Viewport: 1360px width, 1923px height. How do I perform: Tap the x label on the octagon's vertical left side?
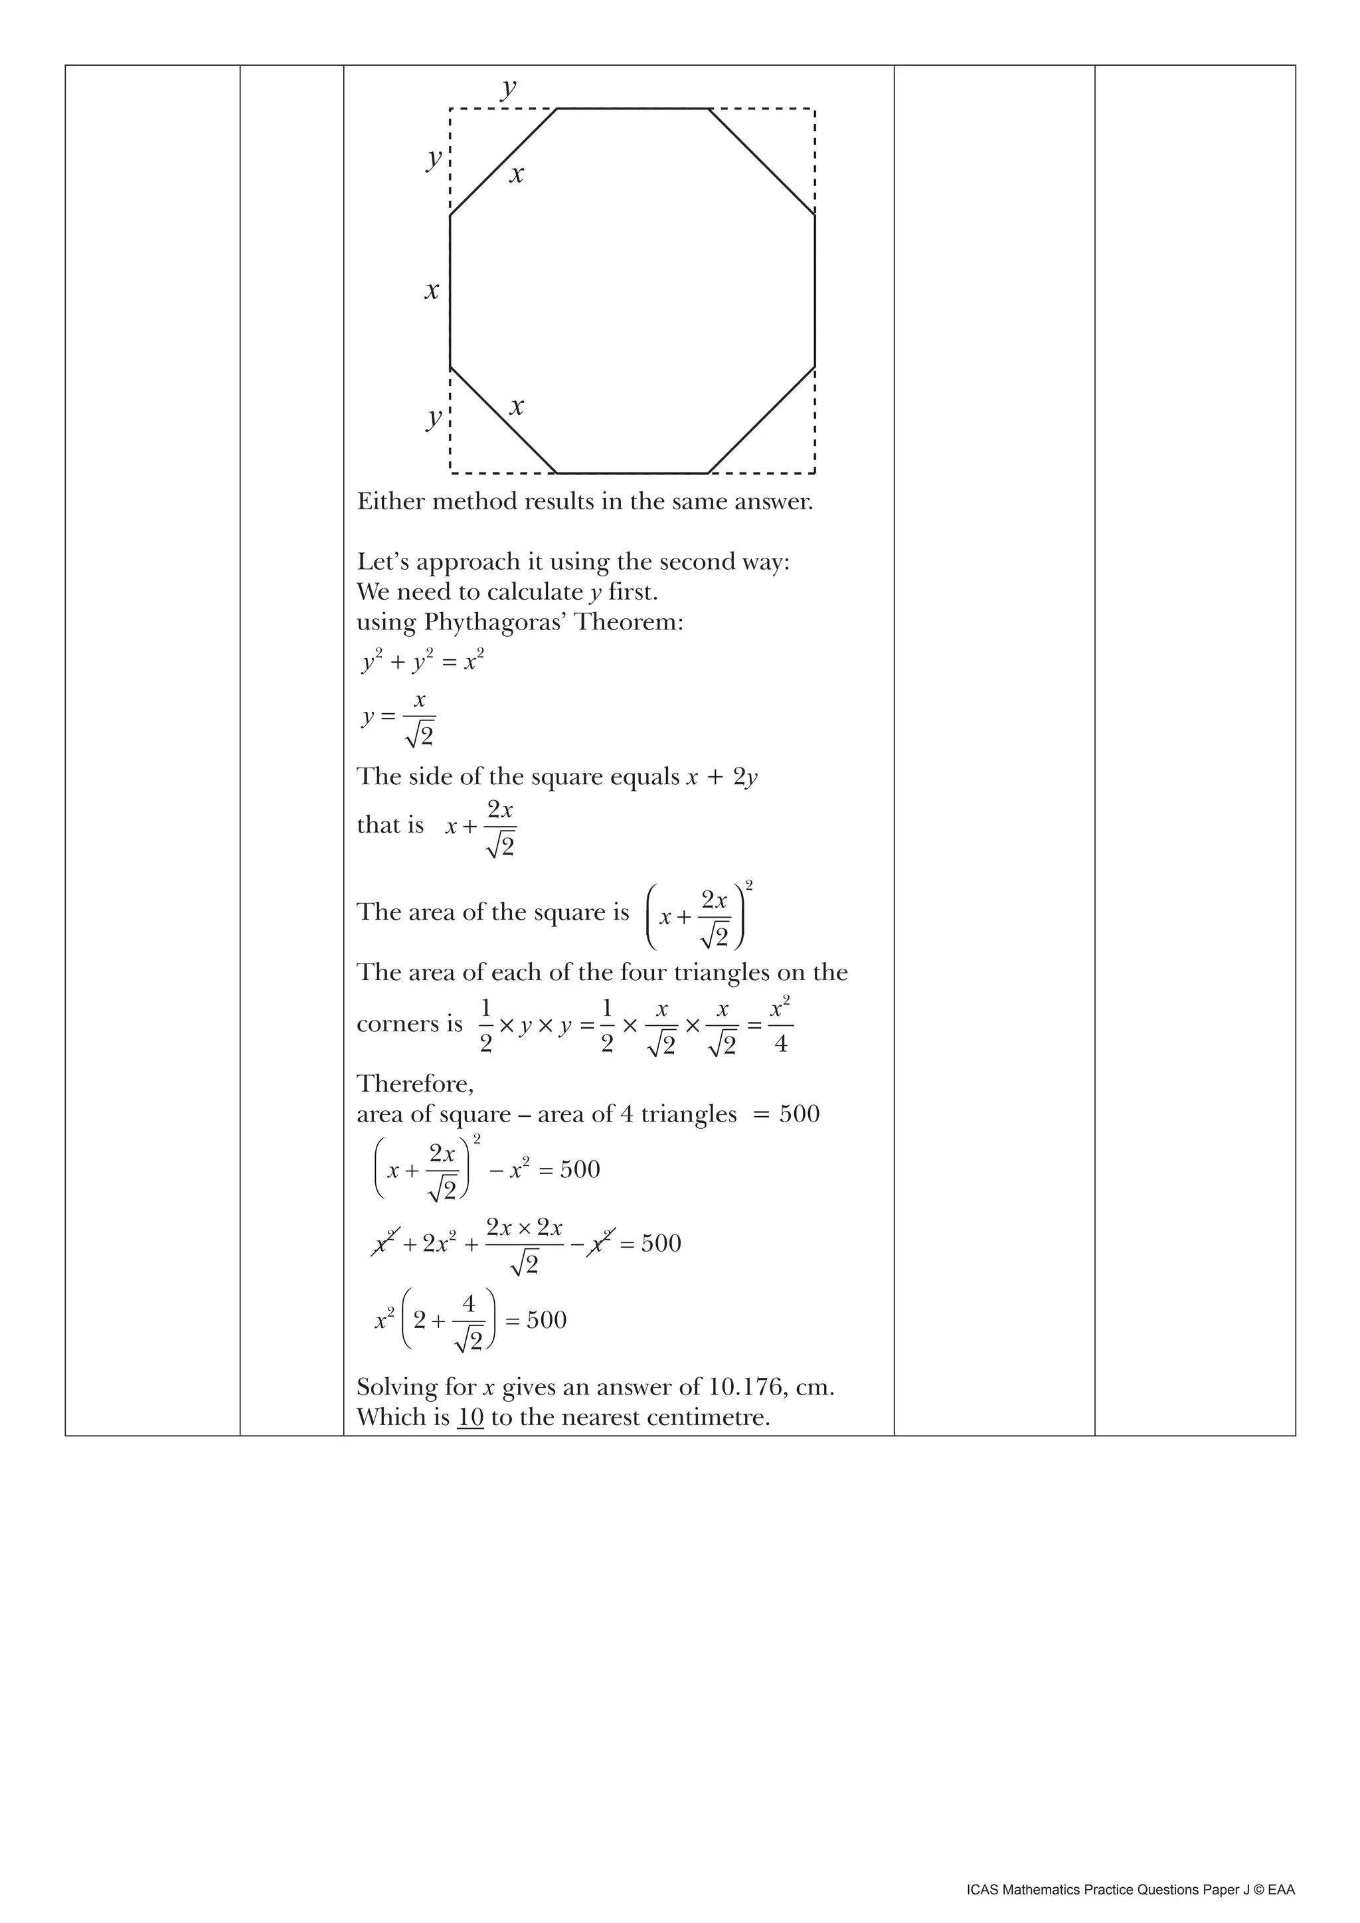(x=431, y=292)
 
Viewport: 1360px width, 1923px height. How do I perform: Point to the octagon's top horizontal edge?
(x=633, y=109)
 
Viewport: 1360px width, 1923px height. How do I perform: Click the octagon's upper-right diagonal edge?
(x=762, y=161)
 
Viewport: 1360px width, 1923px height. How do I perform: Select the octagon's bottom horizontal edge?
(x=632, y=473)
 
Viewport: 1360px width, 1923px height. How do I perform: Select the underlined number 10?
(x=471, y=1417)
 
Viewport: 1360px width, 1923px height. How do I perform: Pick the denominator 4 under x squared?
(x=780, y=1044)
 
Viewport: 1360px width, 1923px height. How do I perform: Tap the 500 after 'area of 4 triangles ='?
(x=799, y=1114)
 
